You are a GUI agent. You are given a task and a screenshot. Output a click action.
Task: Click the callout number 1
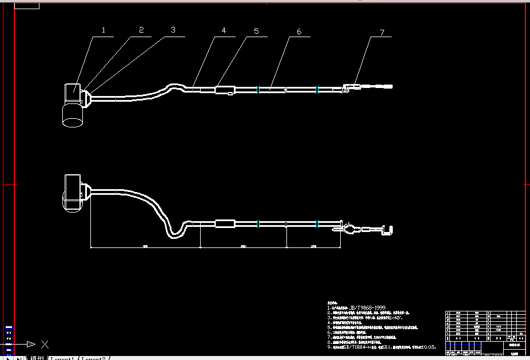point(103,30)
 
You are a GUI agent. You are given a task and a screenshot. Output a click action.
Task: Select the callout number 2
point(141,30)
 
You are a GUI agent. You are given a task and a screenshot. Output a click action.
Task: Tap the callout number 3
point(173,30)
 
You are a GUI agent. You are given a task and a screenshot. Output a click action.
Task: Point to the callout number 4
point(224,31)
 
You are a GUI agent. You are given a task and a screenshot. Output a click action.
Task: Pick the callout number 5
point(256,31)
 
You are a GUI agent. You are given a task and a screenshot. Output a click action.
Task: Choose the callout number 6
point(298,31)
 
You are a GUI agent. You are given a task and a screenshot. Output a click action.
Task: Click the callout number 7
point(382,32)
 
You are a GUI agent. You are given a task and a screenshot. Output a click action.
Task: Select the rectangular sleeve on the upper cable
point(224,90)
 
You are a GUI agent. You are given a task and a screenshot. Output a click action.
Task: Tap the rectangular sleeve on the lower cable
point(224,224)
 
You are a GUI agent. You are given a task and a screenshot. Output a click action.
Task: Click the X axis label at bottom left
point(45,344)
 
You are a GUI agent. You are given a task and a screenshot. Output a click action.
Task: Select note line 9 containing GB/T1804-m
point(381,347)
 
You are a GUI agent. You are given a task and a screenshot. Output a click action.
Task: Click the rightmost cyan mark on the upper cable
point(316,89)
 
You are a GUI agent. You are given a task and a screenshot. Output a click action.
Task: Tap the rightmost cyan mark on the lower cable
point(316,224)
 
